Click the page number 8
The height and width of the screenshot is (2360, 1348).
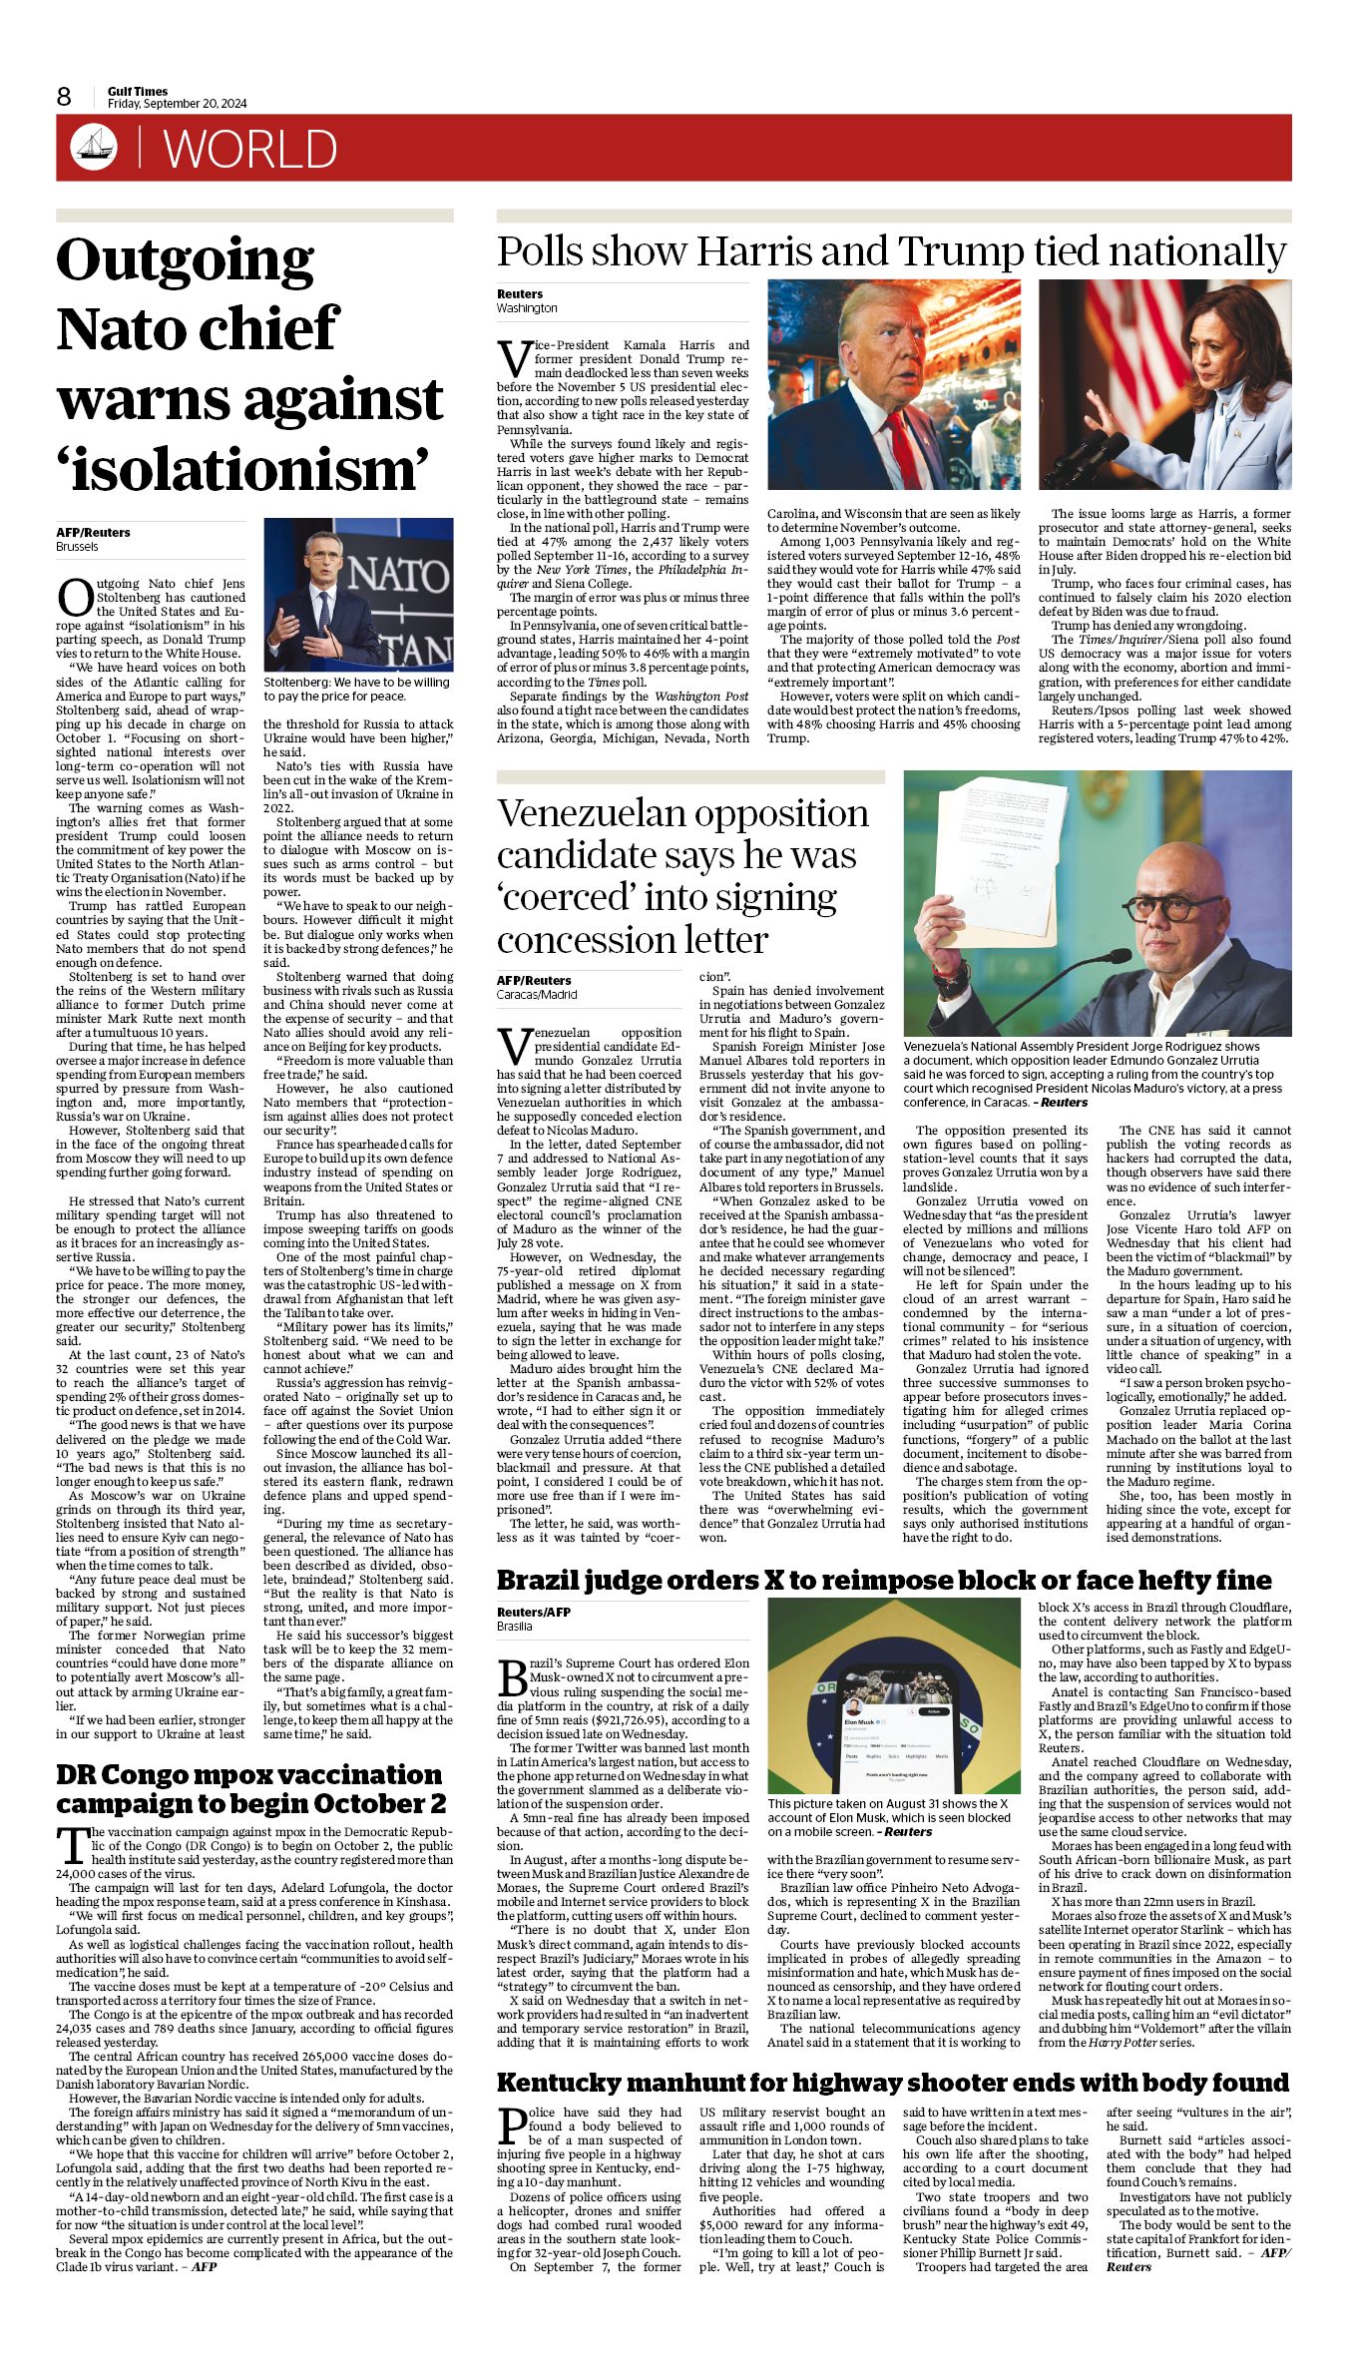click(x=64, y=97)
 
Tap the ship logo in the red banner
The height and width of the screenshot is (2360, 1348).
click(x=94, y=148)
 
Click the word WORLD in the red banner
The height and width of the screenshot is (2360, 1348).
click(x=250, y=150)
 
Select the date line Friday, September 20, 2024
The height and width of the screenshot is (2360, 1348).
click(x=178, y=104)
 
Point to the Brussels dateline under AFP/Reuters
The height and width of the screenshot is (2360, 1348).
click(x=77, y=547)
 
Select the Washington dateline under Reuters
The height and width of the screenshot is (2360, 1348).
click(x=527, y=308)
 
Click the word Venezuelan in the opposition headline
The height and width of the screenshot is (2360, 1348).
click(x=595, y=813)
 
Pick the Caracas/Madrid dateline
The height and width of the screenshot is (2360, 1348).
click(x=537, y=994)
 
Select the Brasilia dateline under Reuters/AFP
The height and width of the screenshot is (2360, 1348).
click(x=515, y=1626)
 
